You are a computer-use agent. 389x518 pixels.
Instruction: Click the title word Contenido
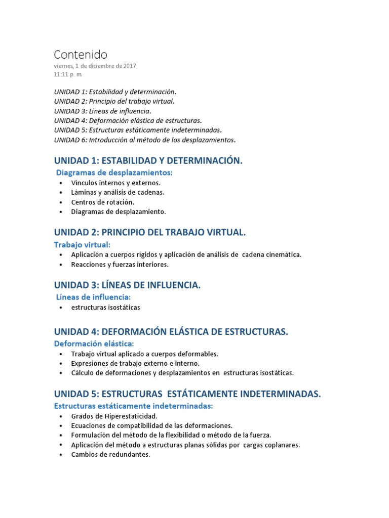click(x=81, y=55)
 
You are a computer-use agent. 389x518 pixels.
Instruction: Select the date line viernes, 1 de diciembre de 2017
click(x=95, y=66)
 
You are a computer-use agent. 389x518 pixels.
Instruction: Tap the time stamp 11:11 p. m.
click(x=68, y=74)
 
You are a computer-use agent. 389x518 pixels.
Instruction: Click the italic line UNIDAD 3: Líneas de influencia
click(x=103, y=111)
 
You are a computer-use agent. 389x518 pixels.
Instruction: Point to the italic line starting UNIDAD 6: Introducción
click(x=145, y=140)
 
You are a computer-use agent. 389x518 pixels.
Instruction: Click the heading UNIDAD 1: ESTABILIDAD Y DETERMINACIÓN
click(x=148, y=161)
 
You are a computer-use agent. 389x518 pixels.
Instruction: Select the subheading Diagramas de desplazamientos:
click(x=114, y=173)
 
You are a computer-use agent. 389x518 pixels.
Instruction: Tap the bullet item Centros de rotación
click(x=103, y=202)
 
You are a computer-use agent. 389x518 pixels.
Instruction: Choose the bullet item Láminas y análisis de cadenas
click(x=118, y=192)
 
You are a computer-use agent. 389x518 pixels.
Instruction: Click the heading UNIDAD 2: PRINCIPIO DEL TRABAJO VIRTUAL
click(x=150, y=233)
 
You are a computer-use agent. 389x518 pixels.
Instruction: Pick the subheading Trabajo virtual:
click(x=82, y=245)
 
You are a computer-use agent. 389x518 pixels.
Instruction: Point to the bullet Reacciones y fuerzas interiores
click(x=120, y=264)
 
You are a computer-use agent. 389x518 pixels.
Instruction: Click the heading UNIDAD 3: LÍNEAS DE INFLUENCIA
click(x=128, y=285)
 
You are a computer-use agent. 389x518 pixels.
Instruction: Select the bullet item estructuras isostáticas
click(x=105, y=307)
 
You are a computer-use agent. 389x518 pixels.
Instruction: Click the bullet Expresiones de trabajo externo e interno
click(x=135, y=363)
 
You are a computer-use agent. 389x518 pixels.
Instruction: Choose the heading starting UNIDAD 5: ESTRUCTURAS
click(x=187, y=394)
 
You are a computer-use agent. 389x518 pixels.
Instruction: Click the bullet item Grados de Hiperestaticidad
click(x=110, y=416)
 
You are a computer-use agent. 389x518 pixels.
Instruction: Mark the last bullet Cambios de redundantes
click(x=110, y=454)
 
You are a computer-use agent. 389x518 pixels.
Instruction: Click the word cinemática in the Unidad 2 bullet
click(x=282, y=254)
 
